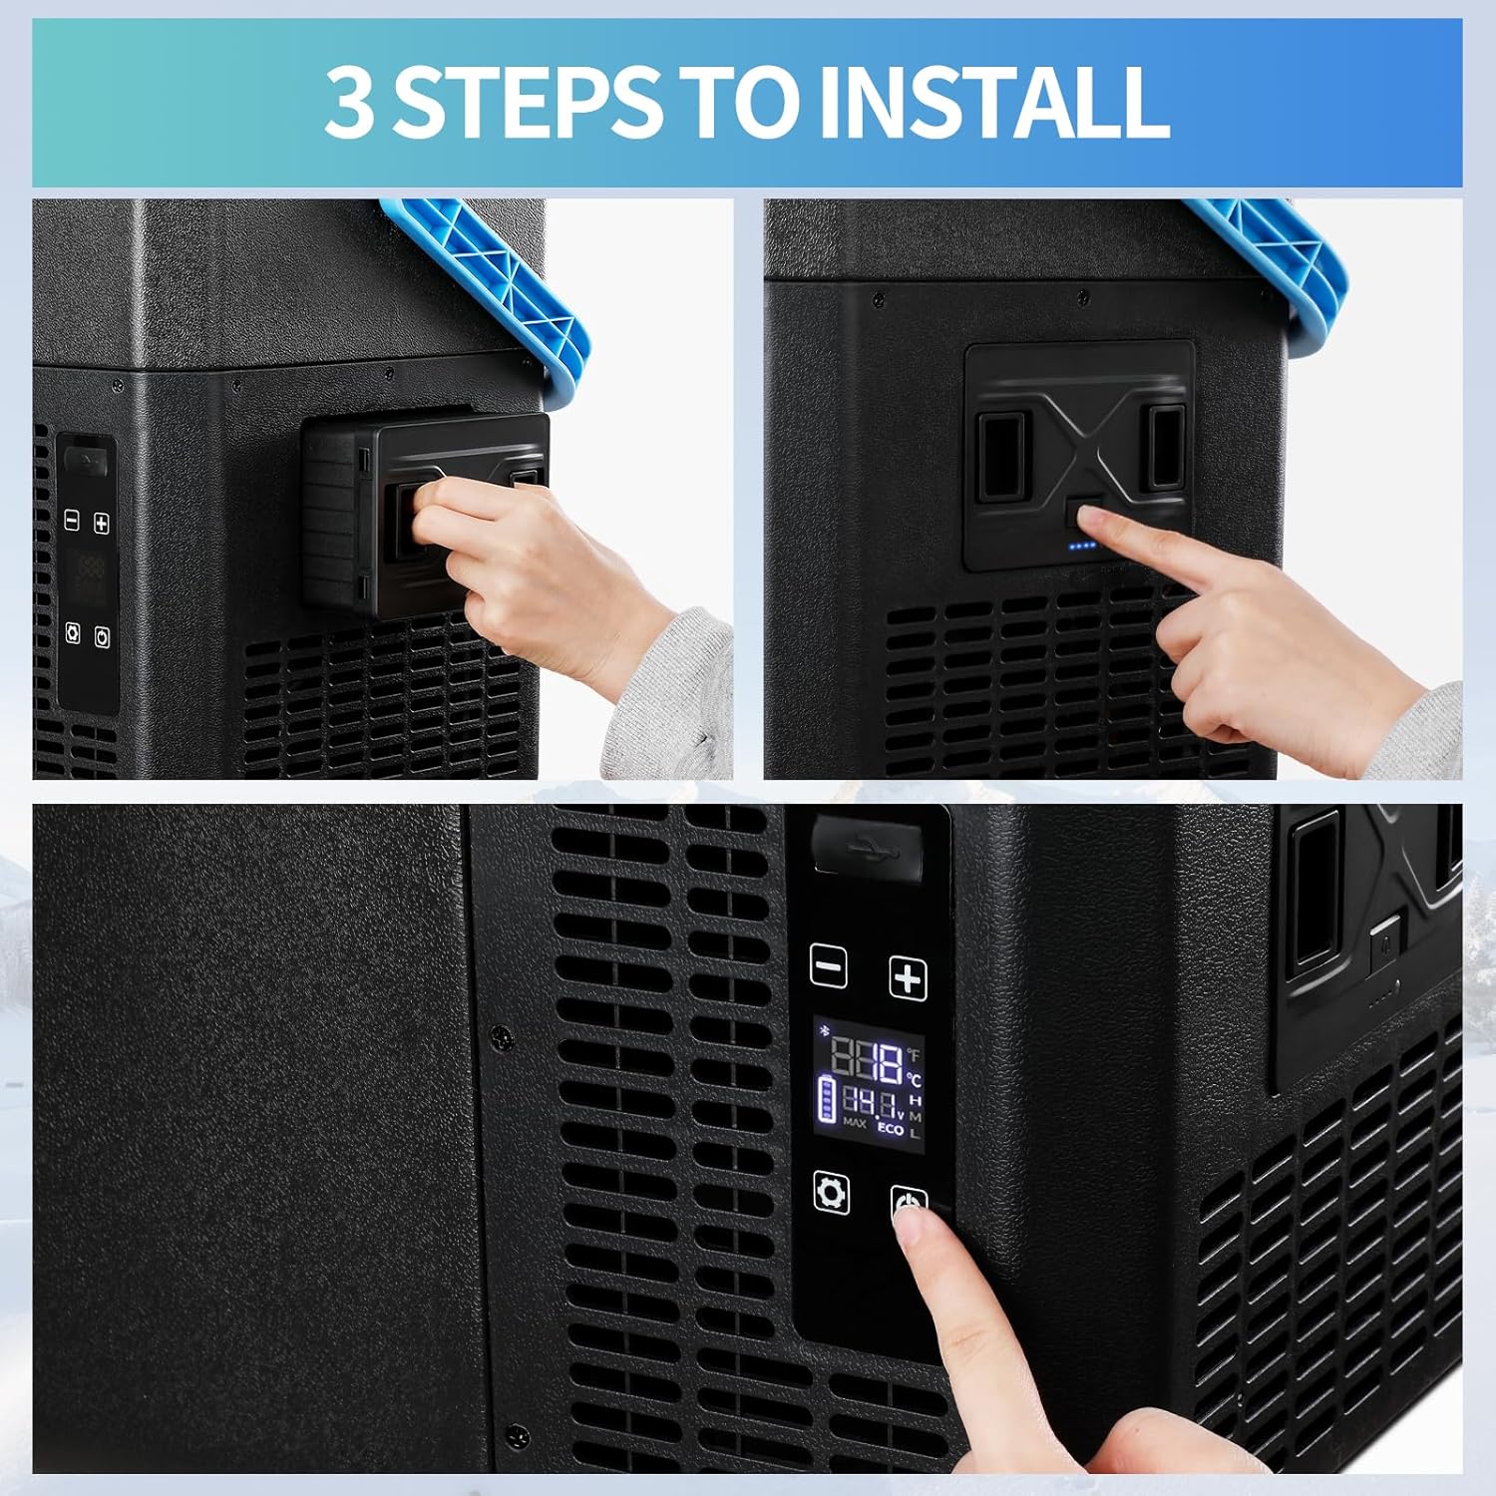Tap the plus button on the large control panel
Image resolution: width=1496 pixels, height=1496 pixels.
[x=908, y=978]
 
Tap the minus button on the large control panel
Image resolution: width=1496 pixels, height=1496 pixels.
[x=829, y=966]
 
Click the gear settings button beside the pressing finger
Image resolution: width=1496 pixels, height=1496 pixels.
[x=831, y=1192]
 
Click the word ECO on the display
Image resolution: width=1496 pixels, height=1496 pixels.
[x=890, y=1129]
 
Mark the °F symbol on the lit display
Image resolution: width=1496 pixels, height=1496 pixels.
[x=914, y=1054]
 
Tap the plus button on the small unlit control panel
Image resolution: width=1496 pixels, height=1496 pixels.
[x=101, y=523]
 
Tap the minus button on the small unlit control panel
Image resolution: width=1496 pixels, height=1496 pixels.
[x=72, y=520]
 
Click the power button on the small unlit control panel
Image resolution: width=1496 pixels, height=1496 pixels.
[x=102, y=636]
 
